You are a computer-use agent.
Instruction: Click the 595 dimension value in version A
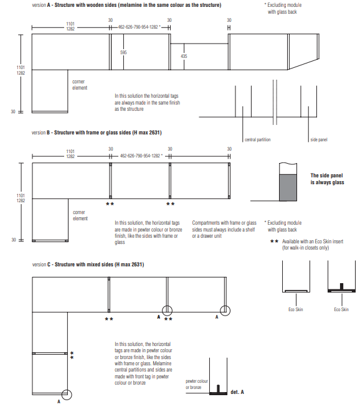click(123, 52)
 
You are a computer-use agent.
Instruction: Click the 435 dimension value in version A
click(184, 56)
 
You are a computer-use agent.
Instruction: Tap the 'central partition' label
click(258, 139)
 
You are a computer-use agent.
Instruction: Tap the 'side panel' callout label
click(319, 139)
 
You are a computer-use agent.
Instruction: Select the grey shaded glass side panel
click(288, 187)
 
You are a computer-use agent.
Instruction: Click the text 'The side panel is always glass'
click(327, 179)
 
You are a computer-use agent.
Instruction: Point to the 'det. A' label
click(237, 392)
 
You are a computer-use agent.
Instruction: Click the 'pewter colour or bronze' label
click(197, 384)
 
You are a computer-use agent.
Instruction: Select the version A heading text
click(126, 5)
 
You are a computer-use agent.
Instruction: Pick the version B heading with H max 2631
click(97, 133)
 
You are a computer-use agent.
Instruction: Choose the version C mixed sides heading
click(88, 264)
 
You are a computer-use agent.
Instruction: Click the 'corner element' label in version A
click(80, 85)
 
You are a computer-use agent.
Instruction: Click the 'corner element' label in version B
click(80, 215)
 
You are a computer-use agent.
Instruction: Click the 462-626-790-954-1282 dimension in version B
click(141, 156)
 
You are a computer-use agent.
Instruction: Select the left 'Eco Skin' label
click(296, 309)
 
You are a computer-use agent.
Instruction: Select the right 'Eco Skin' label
click(341, 309)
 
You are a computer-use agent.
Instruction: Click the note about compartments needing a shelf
click(224, 230)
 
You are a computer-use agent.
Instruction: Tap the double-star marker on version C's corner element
click(72, 355)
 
